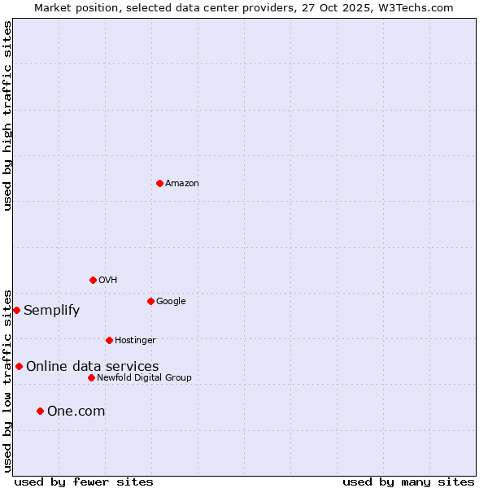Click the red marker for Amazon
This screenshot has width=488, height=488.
pyautogui.click(x=159, y=183)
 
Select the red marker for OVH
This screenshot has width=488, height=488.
pyautogui.click(x=93, y=280)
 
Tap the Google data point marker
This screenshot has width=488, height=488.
pyautogui.click(x=150, y=301)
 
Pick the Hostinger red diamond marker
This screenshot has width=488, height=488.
pyautogui.click(x=109, y=340)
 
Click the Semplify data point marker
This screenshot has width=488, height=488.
pyautogui.click(x=16, y=310)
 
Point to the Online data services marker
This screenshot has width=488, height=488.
pyautogui.click(x=19, y=366)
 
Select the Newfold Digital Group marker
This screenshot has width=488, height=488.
pyautogui.click(x=91, y=377)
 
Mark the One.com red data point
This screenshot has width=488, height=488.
pyautogui.click(x=40, y=411)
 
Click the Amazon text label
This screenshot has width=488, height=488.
pyautogui.click(x=182, y=184)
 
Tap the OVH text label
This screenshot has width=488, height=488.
pyautogui.click(x=108, y=281)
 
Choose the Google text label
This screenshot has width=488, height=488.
pyautogui.click(x=171, y=302)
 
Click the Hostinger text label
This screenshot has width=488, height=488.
pyautogui.click(x=135, y=341)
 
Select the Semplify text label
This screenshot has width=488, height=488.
pyautogui.click(x=52, y=311)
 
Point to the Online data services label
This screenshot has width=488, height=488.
pyautogui.click(x=93, y=367)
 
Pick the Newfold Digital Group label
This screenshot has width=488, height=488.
pyautogui.click(x=144, y=378)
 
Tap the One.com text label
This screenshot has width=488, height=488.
pyautogui.click(x=76, y=412)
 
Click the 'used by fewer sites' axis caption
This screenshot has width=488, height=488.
pyautogui.click(x=84, y=481)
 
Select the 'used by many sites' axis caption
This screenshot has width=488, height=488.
pyautogui.click(x=408, y=481)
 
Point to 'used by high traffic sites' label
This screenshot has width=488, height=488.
pyautogui.click(x=7, y=116)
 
